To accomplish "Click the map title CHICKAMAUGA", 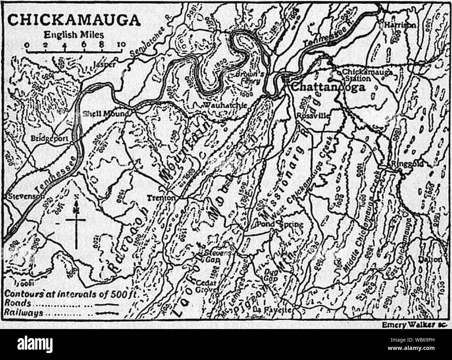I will tap(74, 20).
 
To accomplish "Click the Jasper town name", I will tap(104, 65).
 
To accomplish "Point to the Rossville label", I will tap(313, 116).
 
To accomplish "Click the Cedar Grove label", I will tap(207, 286).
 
